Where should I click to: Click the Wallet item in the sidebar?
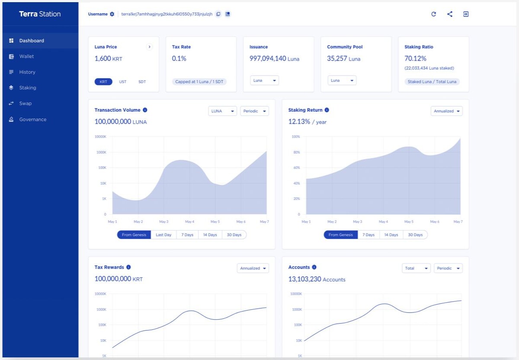click(26, 56)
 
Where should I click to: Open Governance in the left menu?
click(33, 119)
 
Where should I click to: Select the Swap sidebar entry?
click(25, 103)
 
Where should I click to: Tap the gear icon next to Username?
click(112, 14)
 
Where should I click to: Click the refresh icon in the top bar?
click(433, 14)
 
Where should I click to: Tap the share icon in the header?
click(450, 14)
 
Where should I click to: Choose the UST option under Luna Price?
click(122, 82)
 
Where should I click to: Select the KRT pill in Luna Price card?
click(103, 82)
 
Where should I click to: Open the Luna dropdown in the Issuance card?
click(264, 80)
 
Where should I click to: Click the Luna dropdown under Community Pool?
click(342, 80)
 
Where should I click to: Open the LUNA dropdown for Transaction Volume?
click(222, 111)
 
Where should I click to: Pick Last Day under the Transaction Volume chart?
click(163, 235)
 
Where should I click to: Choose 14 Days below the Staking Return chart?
click(391, 235)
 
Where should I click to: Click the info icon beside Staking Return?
click(327, 110)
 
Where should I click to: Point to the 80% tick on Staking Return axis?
click(297, 152)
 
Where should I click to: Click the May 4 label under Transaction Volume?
click(189, 222)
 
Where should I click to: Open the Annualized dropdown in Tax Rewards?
click(253, 268)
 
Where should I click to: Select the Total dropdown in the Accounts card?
click(416, 268)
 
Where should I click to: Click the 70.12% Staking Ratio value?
click(415, 58)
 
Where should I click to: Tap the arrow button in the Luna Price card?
click(150, 47)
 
